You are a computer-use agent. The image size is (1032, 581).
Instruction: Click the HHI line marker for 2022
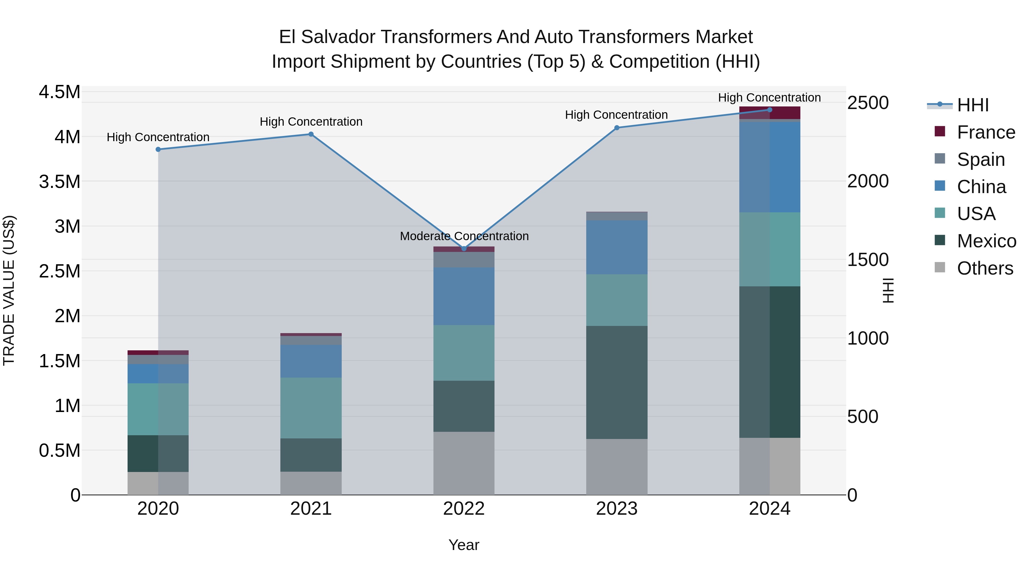[x=464, y=248]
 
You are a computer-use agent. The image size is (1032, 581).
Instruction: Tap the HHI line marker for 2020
[x=158, y=149]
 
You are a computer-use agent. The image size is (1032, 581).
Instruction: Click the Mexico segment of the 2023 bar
[x=617, y=382]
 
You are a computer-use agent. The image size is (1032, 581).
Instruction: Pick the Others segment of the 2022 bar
[x=464, y=463]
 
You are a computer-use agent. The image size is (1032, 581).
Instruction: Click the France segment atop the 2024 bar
[x=770, y=113]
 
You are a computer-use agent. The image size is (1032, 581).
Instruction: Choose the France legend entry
[x=986, y=132]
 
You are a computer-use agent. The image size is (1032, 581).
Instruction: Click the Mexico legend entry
[x=986, y=241]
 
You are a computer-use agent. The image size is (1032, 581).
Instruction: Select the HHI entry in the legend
[x=972, y=105]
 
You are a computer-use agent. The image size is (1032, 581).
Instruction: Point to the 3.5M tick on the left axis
[x=59, y=182]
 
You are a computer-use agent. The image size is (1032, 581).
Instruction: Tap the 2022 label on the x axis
[x=464, y=509]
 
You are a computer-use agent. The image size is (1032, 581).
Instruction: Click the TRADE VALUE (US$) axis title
[x=9, y=290]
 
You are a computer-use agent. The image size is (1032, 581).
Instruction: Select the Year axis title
[x=464, y=545]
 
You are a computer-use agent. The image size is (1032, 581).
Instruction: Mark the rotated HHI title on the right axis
[x=888, y=290]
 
